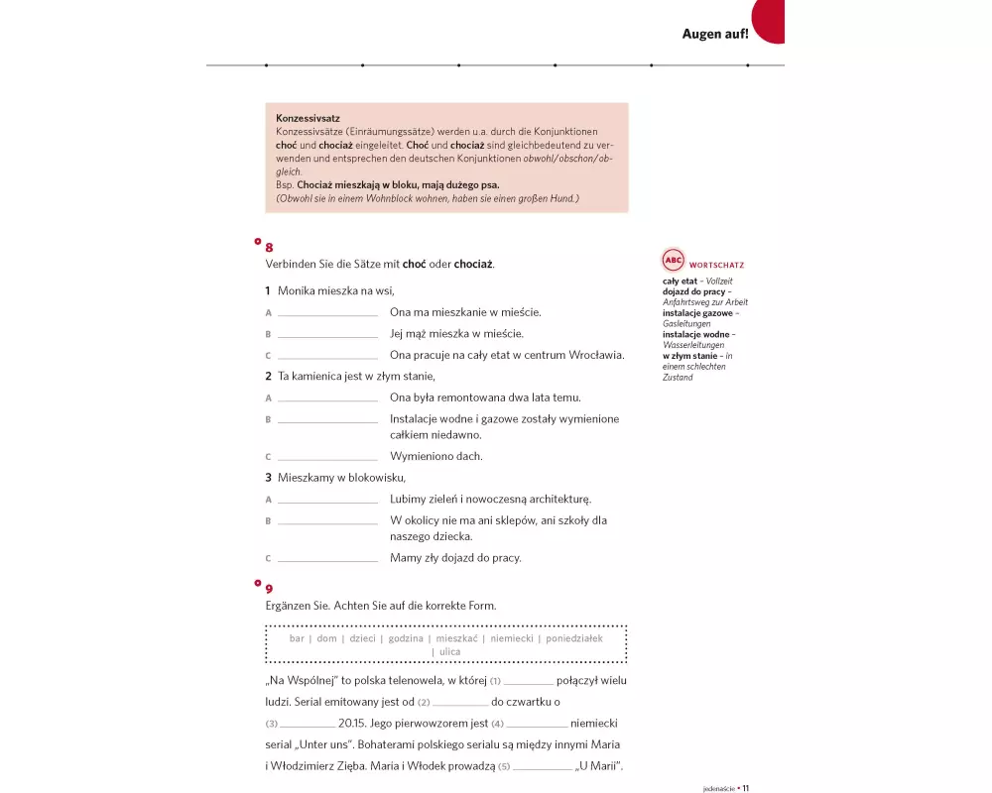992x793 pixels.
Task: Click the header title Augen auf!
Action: click(x=714, y=34)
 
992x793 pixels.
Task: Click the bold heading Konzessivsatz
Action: click(x=308, y=118)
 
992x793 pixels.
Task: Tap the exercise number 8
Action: click(x=269, y=248)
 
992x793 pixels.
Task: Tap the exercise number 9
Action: click(x=269, y=589)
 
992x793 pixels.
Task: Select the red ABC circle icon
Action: click(x=674, y=261)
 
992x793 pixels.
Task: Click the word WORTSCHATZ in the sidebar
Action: click(x=716, y=266)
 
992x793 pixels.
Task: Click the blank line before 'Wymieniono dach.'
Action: click(x=327, y=459)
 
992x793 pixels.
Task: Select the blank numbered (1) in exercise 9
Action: click(x=529, y=683)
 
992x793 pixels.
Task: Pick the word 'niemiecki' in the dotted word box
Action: click(x=511, y=638)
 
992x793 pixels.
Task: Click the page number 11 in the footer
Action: click(x=745, y=788)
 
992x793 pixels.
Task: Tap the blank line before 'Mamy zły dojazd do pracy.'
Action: click(x=327, y=560)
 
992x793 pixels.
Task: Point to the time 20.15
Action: click(x=352, y=723)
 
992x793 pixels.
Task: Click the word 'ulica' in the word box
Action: click(x=449, y=652)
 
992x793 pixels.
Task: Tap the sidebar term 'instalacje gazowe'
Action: click(x=697, y=313)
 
